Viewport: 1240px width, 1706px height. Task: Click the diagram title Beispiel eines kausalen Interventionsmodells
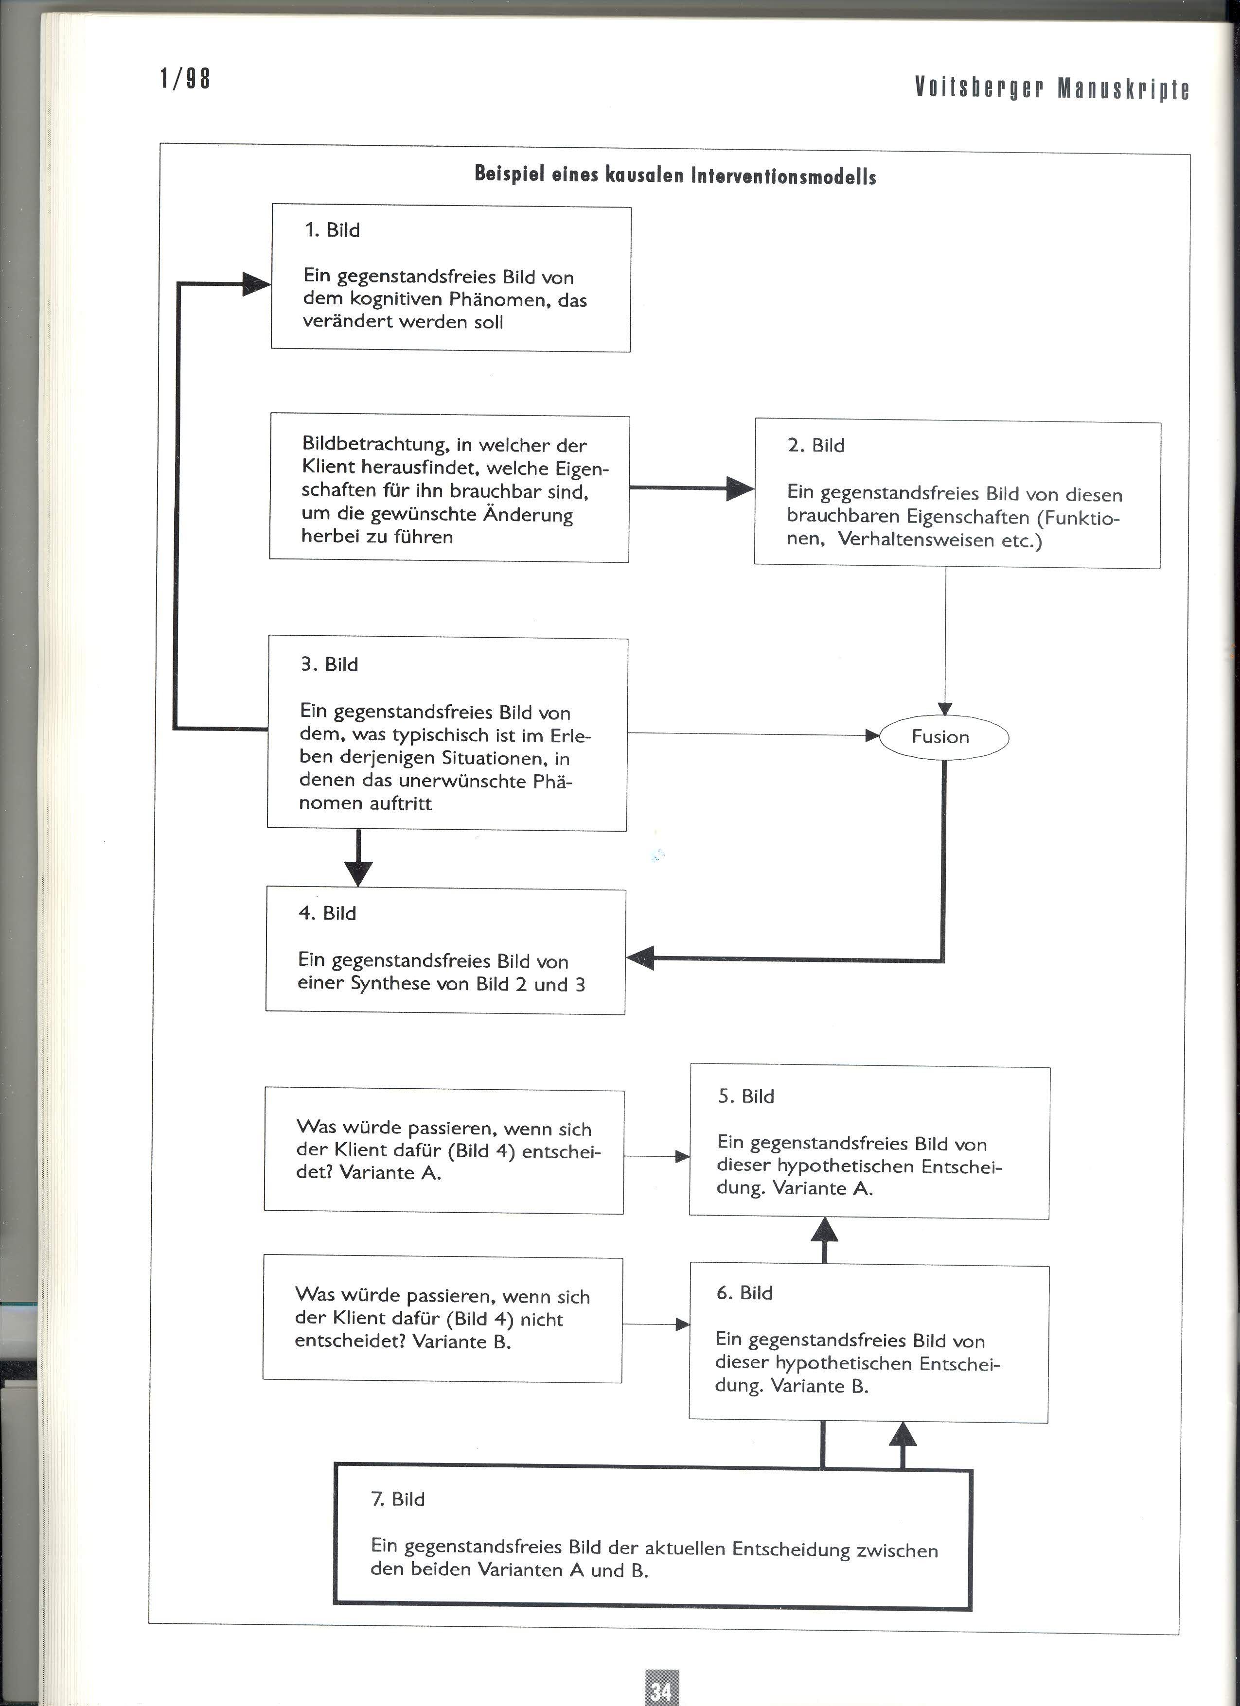[675, 175]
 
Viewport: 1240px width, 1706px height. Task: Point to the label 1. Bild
[332, 230]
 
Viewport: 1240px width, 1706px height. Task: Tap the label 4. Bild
[327, 913]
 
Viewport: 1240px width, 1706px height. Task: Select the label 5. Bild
[745, 1096]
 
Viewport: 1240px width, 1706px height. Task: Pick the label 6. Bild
[744, 1292]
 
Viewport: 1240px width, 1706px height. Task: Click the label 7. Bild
[398, 1498]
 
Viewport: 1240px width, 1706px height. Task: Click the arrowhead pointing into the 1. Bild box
[256, 283]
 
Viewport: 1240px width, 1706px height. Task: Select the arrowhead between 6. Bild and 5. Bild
[825, 1231]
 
